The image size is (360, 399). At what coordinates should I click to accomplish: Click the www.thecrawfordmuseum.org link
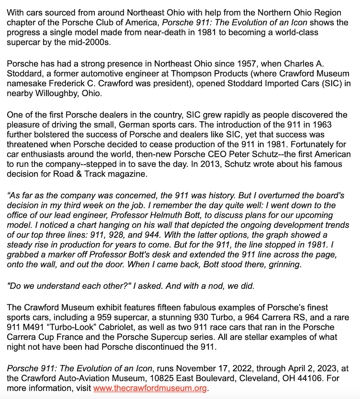click(150, 388)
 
